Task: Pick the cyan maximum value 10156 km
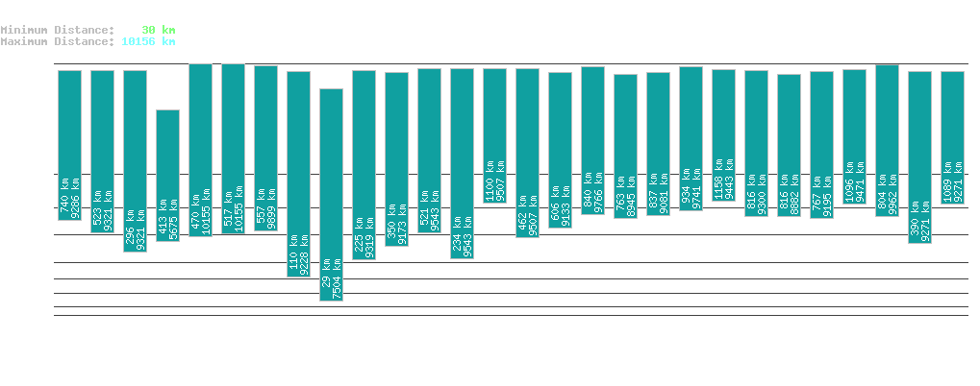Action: tap(148, 41)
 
